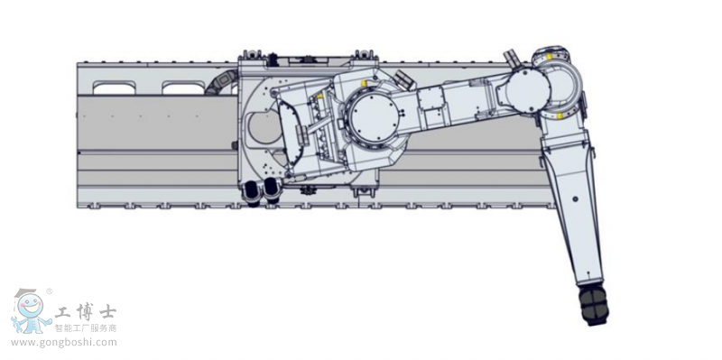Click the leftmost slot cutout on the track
pos(116,88)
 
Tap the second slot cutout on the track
pos(184,88)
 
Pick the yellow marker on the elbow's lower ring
pos(560,114)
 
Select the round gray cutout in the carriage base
pos(263,130)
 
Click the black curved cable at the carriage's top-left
pos(219,85)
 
